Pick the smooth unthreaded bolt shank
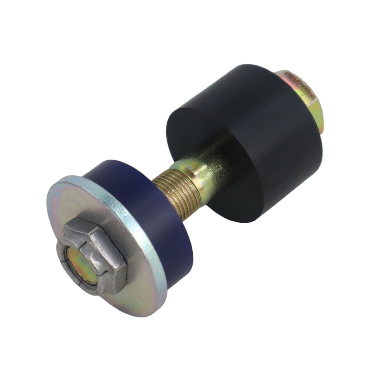point(209,169)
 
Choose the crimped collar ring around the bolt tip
point(70,257)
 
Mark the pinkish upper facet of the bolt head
point(294,79)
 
